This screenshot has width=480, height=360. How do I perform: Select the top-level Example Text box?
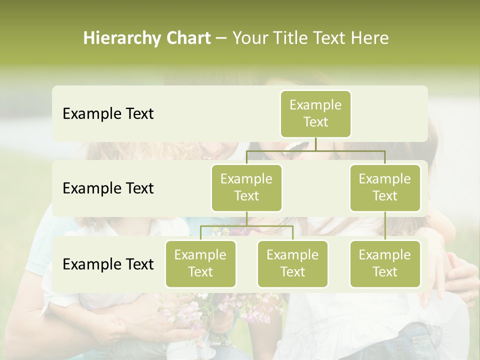tap(315, 113)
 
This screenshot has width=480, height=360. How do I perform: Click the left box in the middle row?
tap(246, 187)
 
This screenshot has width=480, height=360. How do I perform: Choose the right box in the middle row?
tap(385, 187)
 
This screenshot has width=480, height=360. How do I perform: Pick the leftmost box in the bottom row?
tap(200, 263)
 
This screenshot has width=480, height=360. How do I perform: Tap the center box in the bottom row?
tap(292, 263)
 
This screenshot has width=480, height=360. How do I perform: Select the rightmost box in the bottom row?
tap(385, 263)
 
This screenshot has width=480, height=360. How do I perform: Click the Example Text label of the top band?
tap(108, 114)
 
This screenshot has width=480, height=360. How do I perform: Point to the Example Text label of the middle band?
tap(108, 188)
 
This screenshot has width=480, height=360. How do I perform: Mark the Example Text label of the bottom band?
tap(108, 264)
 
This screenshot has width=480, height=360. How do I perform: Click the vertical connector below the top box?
tap(315, 144)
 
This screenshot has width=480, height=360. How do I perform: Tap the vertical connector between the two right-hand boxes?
tap(385, 226)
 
